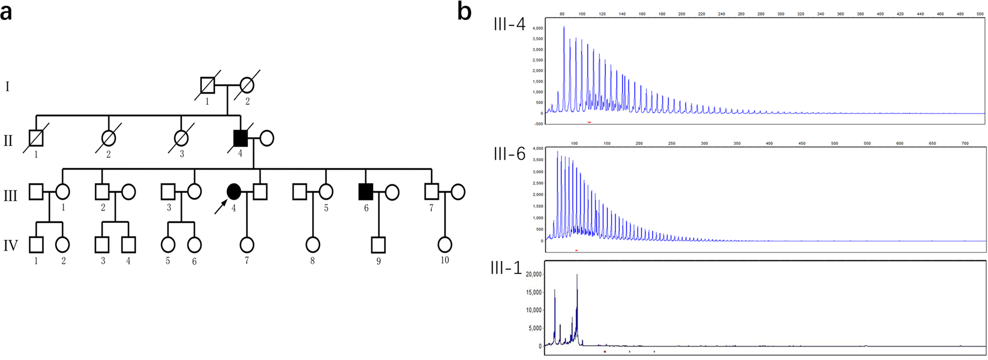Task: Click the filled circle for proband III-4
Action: pyautogui.click(x=233, y=192)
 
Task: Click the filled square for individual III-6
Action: pyautogui.click(x=366, y=192)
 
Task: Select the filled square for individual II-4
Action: pyautogui.click(x=241, y=139)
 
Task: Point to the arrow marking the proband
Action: pyautogui.click(x=220, y=207)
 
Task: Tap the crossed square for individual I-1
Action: pyautogui.click(x=208, y=86)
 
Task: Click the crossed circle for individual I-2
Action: pyautogui.click(x=247, y=86)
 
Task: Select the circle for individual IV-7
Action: pyautogui.click(x=247, y=245)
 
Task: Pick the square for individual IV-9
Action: pyautogui.click(x=378, y=245)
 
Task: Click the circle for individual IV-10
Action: pyautogui.click(x=445, y=245)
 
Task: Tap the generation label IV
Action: pyautogui.click(x=11, y=246)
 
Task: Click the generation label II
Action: pyautogui.click(x=8, y=141)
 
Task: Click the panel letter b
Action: pyautogui.click(x=464, y=11)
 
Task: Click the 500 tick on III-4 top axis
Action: pyautogui.click(x=980, y=14)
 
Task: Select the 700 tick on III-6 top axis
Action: pyautogui.click(x=965, y=143)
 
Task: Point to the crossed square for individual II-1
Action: pyautogui.click(x=36, y=139)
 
